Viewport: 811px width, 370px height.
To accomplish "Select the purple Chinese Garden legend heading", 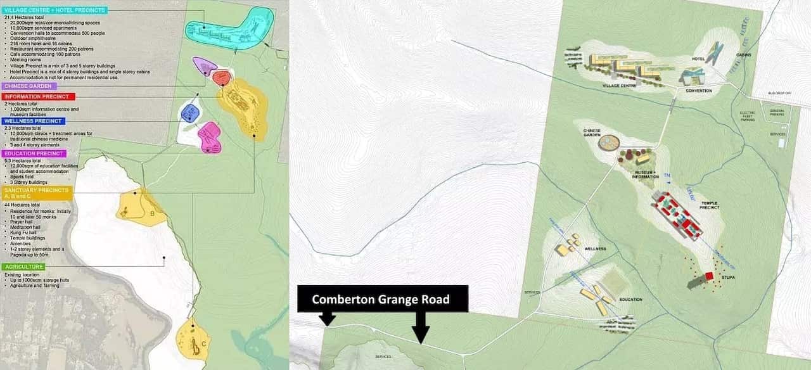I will [29, 86].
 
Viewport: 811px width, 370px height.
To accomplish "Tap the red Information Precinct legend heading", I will [39, 97].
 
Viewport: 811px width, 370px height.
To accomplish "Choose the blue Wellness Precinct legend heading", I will [33, 121].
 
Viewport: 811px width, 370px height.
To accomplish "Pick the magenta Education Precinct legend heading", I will [34, 153].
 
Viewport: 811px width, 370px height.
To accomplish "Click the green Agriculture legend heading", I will [23, 267].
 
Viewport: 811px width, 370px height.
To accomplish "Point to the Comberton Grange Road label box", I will [381, 299].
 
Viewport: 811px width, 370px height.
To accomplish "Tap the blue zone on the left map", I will [190, 113].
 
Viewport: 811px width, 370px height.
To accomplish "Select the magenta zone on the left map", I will [210, 137].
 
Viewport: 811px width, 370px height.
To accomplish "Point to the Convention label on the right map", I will [699, 91].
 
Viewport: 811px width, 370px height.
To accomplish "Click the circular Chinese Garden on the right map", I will [610, 143].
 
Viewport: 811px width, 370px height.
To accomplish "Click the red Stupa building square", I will [709, 276].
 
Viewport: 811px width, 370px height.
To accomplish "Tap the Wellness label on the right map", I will [596, 249].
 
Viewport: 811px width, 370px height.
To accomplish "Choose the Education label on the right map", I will [630, 299].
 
